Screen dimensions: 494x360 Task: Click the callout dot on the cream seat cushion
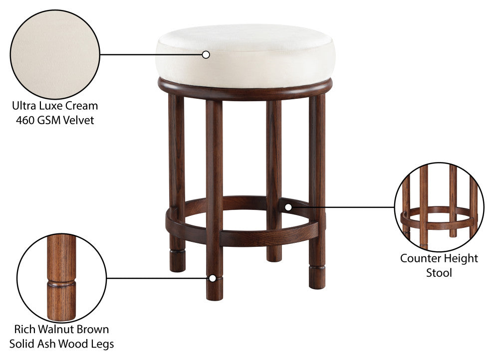(x=206, y=55)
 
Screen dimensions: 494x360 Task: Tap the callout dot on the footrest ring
(x=288, y=207)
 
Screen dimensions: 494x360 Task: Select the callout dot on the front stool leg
(x=213, y=278)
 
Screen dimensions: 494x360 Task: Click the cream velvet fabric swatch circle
(x=55, y=54)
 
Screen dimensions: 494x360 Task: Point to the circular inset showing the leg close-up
(x=62, y=278)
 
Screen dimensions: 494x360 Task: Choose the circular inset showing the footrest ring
(x=439, y=207)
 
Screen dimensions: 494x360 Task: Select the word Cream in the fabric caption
(x=83, y=106)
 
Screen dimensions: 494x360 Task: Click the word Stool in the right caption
(x=439, y=273)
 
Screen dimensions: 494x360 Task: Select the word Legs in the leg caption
(x=102, y=344)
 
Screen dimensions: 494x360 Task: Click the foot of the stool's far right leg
(x=317, y=278)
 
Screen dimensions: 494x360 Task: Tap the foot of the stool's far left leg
(x=177, y=261)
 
